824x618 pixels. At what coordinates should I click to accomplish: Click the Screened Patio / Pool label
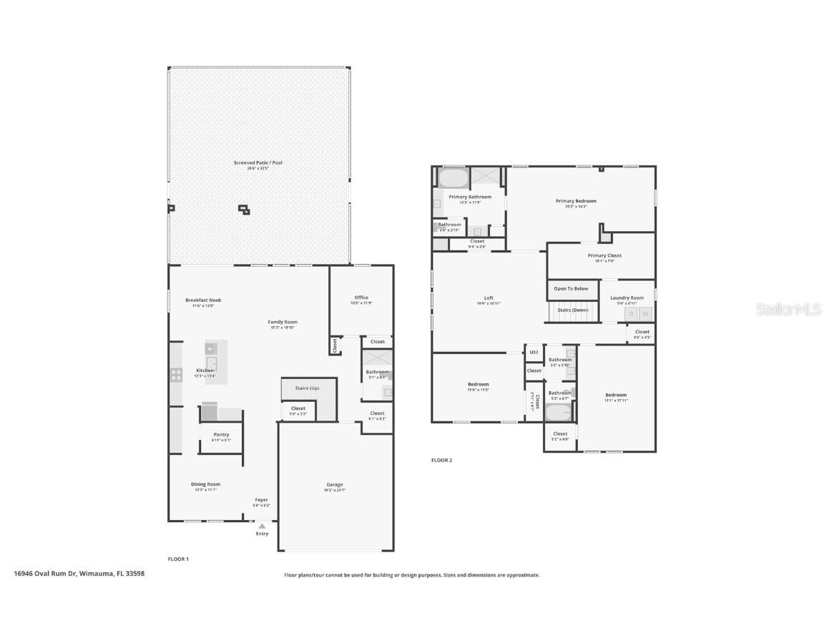(257, 163)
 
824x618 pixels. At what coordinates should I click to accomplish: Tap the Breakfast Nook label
(203, 300)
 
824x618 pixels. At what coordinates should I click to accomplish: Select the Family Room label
(283, 322)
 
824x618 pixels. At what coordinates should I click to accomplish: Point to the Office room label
(361, 298)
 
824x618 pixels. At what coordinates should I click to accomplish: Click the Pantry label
(221, 434)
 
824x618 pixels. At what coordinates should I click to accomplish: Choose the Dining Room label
(205, 484)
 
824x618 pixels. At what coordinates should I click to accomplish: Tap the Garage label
(335, 484)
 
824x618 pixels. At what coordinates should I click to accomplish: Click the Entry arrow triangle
(262, 526)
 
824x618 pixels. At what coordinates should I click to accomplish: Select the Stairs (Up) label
(308, 388)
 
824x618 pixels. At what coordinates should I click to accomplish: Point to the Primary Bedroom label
(576, 201)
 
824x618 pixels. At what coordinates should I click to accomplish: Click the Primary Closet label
(604, 255)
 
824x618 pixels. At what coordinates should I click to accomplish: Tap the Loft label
(489, 298)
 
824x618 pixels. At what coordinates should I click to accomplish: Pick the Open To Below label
(571, 289)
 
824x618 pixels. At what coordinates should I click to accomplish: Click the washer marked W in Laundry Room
(645, 314)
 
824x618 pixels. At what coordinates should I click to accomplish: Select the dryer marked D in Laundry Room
(631, 314)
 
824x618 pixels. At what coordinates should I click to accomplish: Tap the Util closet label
(534, 352)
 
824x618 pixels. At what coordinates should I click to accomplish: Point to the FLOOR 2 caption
(441, 460)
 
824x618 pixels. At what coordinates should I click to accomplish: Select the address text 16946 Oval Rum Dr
(45, 573)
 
